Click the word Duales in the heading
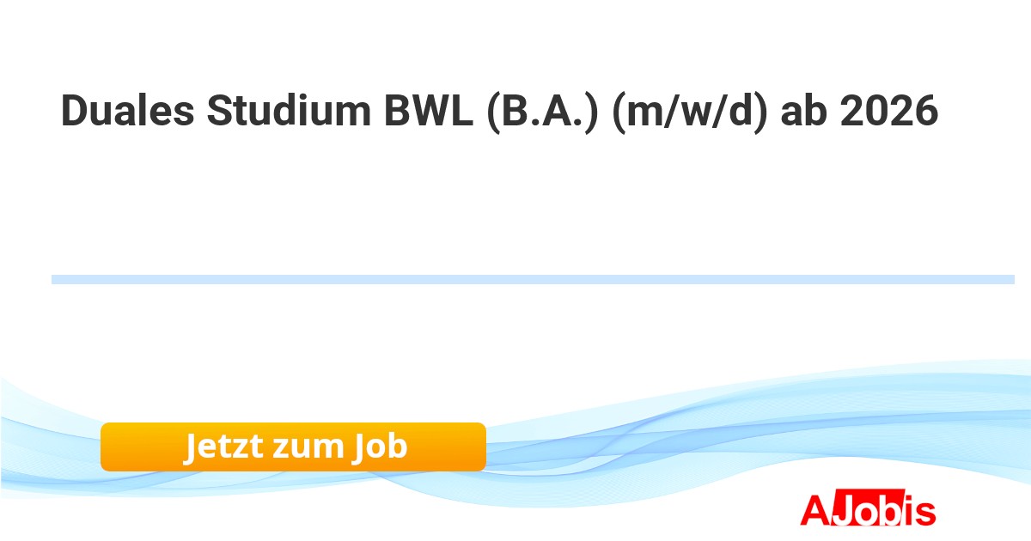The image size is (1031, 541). pos(127,111)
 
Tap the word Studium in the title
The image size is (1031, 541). pos(289,111)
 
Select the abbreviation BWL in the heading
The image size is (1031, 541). pos(429,111)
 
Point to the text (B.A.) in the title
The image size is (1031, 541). pos(543,112)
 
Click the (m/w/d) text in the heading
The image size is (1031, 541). pos(690,112)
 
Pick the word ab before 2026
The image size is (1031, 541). pos(803,111)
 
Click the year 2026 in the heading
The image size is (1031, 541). pos(889,111)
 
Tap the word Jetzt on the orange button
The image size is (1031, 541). pos(224,447)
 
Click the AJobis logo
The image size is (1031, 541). pos(868,508)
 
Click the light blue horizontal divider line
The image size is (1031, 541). pos(533,280)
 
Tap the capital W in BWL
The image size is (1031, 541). pos(430,111)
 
